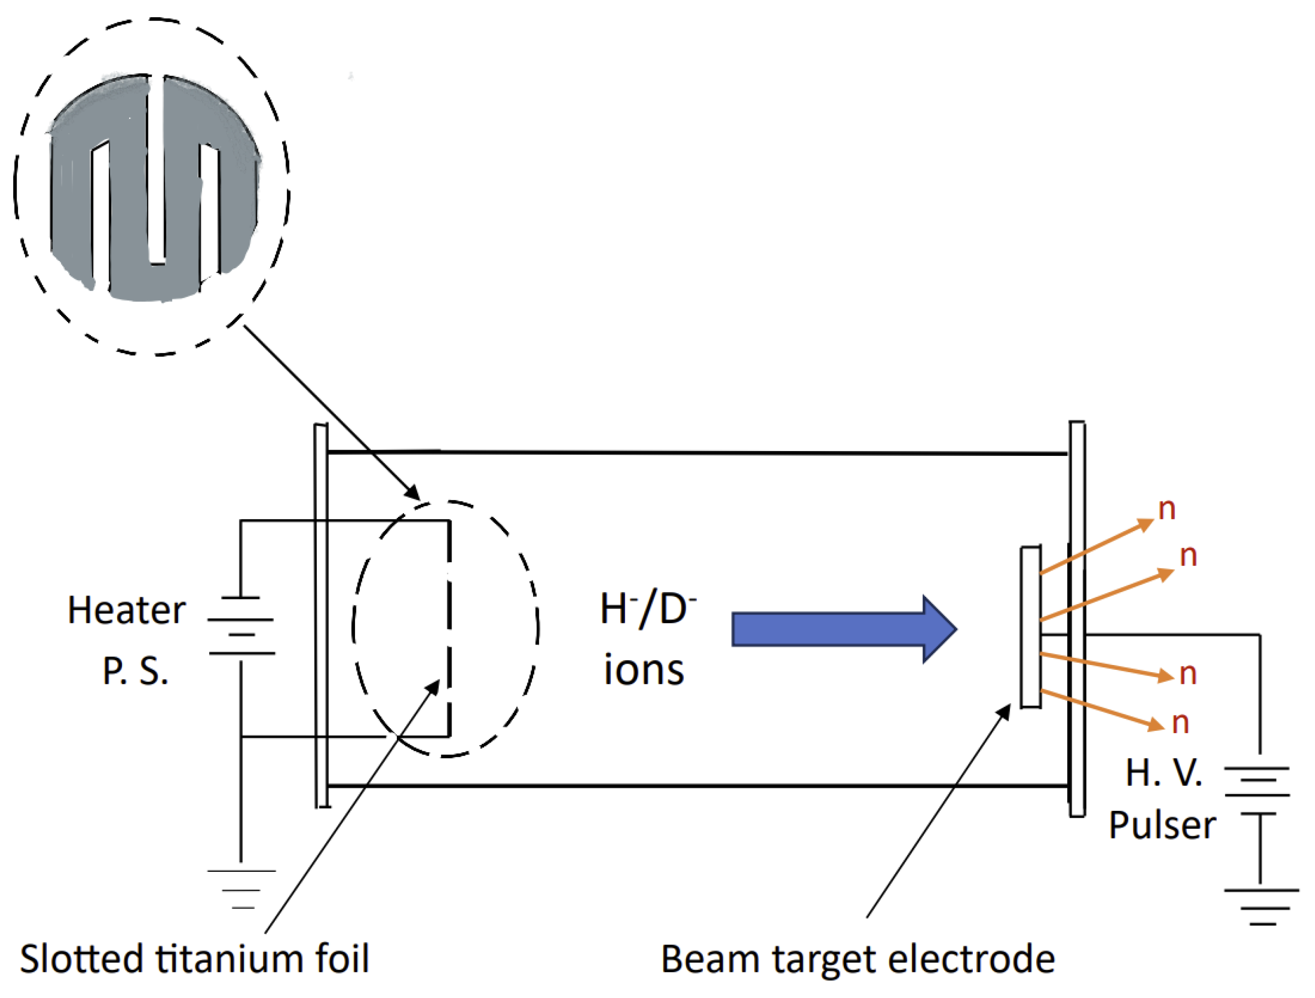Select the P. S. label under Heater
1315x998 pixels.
[x=135, y=671]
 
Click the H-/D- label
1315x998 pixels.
[x=647, y=609]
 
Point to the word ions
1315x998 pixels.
[x=644, y=670]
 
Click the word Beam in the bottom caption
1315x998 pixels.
[x=710, y=959]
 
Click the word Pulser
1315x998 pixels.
[x=1162, y=826]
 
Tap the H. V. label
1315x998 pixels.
[x=1163, y=773]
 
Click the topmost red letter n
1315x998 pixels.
[x=1167, y=509]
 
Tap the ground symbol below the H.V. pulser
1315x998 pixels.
[x=1261, y=906]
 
